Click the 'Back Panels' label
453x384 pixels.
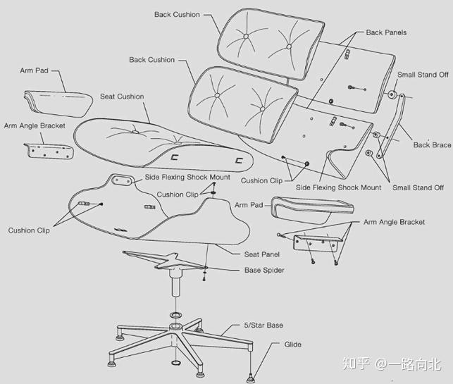(x=386, y=32)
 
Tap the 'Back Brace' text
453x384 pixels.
(x=432, y=145)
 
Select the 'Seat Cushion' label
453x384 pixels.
(x=122, y=97)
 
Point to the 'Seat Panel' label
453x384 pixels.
(x=261, y=254)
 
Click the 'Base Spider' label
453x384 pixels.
(x=264, y=270)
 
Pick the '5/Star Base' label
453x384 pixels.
(x=265, y=325)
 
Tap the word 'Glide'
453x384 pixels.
(x=292, y=345)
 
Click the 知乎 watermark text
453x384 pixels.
(x=354, y=364)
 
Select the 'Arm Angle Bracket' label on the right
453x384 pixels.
(x=394, y=222)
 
